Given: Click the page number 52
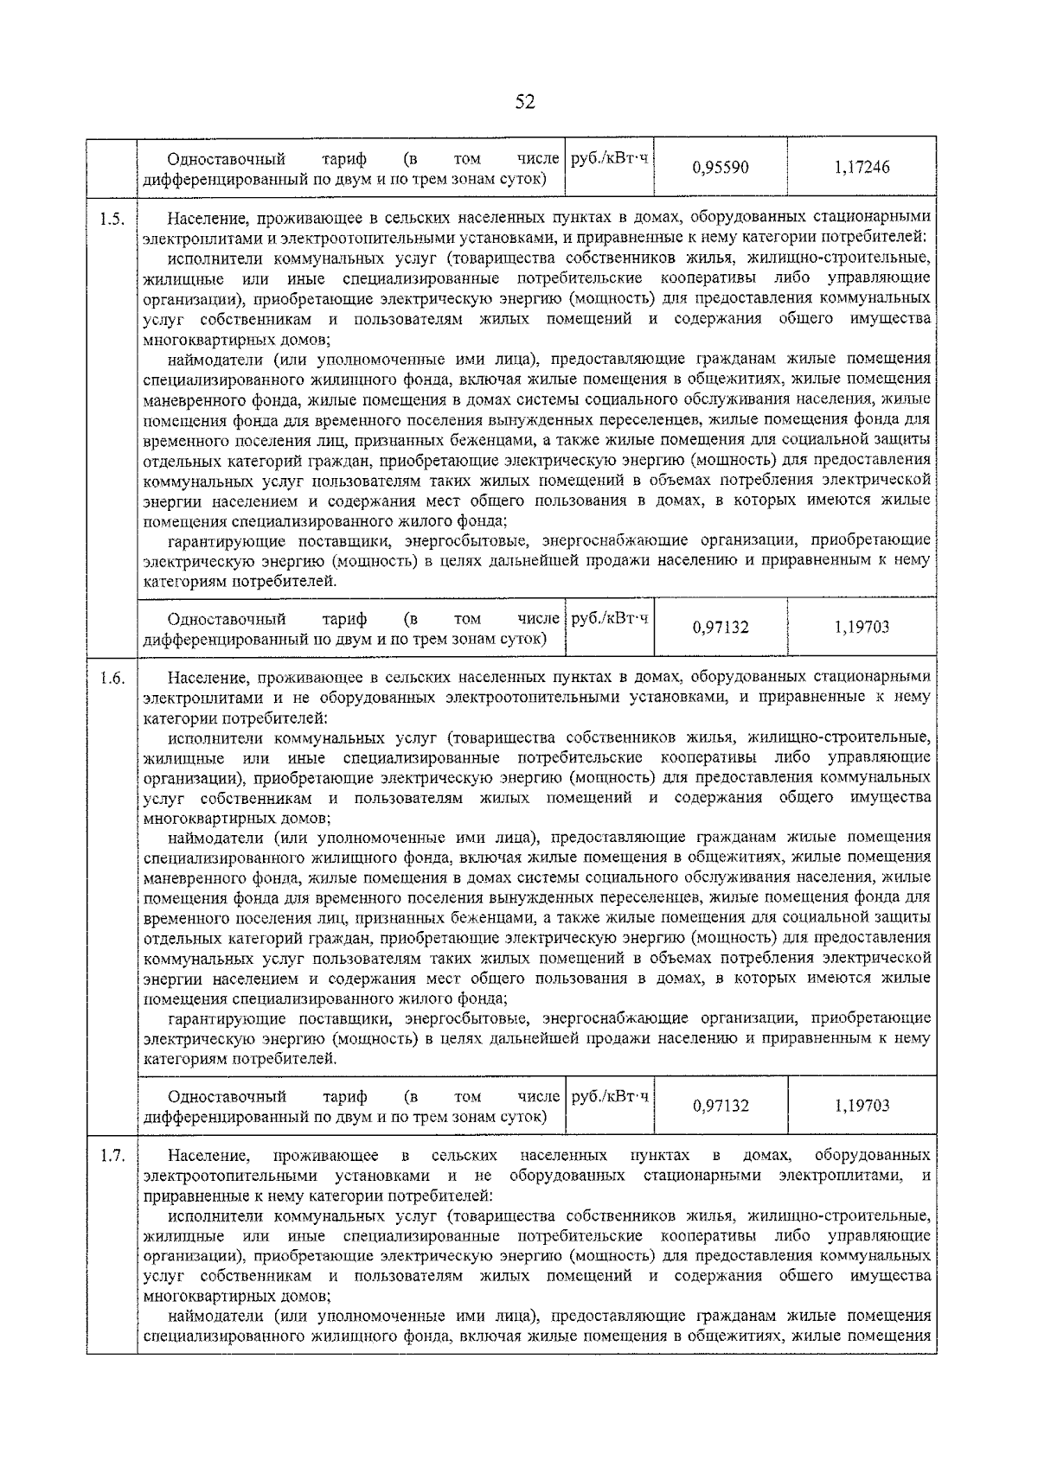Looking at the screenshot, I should (x=525, y=102).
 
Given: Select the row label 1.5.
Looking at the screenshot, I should (x=112, y=220).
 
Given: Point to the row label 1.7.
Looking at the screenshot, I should (x=112, y=1156).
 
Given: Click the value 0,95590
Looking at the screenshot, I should (x=721, y=167).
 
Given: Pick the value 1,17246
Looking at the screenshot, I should (x=862, y=167).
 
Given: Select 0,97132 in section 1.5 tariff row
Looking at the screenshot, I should (x=721, y=627).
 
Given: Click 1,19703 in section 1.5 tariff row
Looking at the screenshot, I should (x=862, y=627).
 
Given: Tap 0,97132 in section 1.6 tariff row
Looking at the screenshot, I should (x=721, y=1105).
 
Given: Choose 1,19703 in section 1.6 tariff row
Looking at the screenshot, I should (x=862, y=1105).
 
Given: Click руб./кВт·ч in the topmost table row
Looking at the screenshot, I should (x=610, y=158).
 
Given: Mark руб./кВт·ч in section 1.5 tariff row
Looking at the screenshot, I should (x=610, y=618).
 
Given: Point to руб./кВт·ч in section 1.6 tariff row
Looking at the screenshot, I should (x=610, y=1096).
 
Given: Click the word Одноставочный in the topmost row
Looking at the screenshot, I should (x=227, y=159).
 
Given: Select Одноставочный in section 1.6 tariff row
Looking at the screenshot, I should (x=227, y=1097).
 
